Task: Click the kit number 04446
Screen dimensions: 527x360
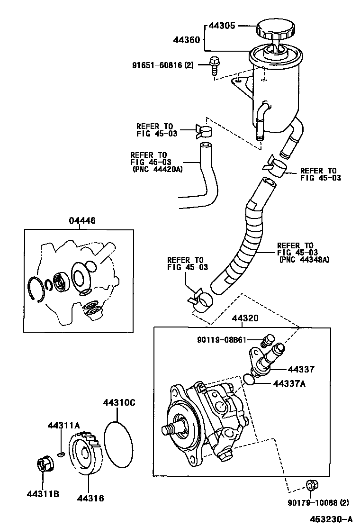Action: pos(81,220)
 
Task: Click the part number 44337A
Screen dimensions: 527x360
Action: pos(288,384)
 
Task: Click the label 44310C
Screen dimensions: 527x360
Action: pos(119,403)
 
